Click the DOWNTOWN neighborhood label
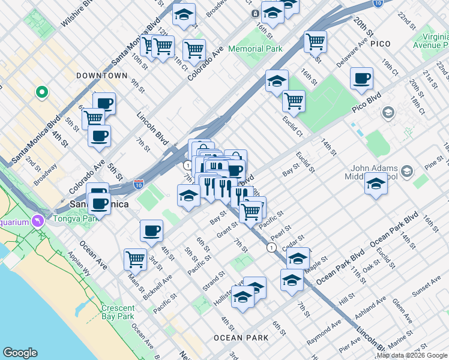click(x=102, y=76)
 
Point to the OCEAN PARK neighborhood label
click(x=241, y=338)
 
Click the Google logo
click(x=20, y=353)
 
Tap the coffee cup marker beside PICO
click(x=361, y=79)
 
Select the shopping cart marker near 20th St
click(x=315, y=41)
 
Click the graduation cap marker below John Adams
click(x=376, y=184)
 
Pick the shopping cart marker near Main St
click(x=136, y=259)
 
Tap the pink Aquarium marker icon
click(x=39, y=221)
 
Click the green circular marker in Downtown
click(x=41, y=92)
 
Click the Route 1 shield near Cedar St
click(x=271, y=247)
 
